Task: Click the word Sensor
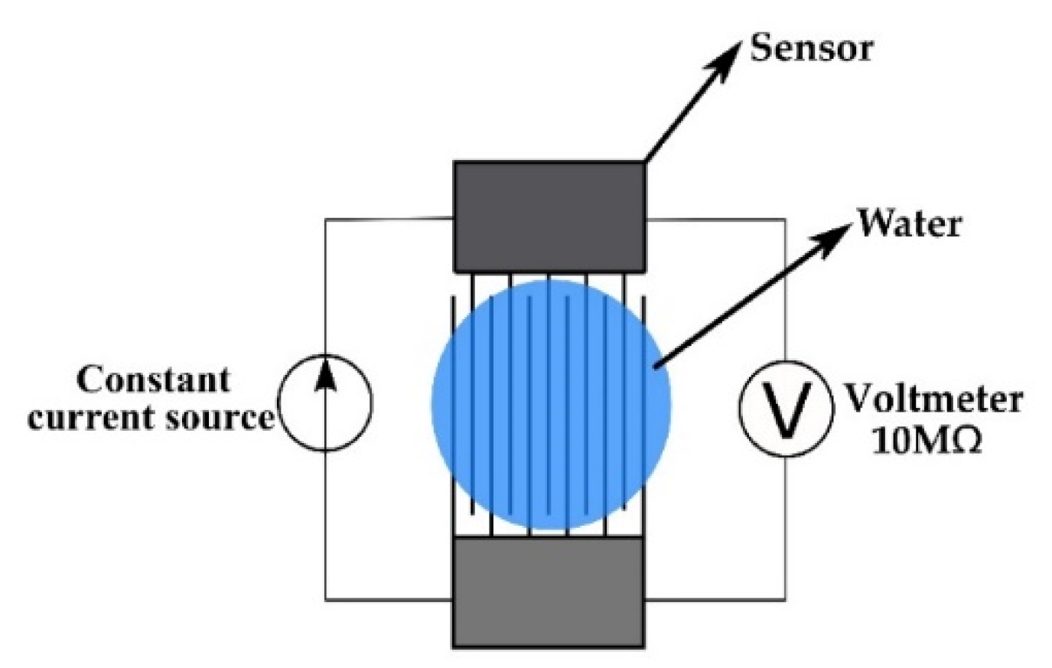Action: [x=811, y=47]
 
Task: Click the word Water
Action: [x=908, y=224]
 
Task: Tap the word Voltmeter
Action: [x=933, y=399]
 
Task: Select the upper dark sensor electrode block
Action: [x=549, y=216]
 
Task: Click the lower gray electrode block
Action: [x=549, y=592]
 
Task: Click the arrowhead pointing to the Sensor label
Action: [x=728, y=54]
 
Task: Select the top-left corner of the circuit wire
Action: [x=326, y=220]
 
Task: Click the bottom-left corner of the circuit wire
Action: [x=326, y=599]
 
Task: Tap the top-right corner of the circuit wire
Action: [x=785, y=220]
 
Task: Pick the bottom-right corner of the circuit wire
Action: [x=785, y=599]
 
